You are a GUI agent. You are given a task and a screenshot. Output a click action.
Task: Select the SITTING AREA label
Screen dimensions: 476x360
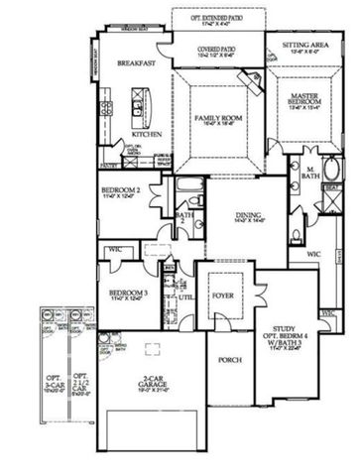tap(304, 45)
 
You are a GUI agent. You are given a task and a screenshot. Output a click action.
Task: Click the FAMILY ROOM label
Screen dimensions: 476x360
tap(217, 117)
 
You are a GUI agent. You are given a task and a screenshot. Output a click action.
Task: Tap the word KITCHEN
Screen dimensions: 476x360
tap(147, 133)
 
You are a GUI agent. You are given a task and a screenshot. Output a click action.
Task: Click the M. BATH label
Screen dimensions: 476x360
tap(308, 172)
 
